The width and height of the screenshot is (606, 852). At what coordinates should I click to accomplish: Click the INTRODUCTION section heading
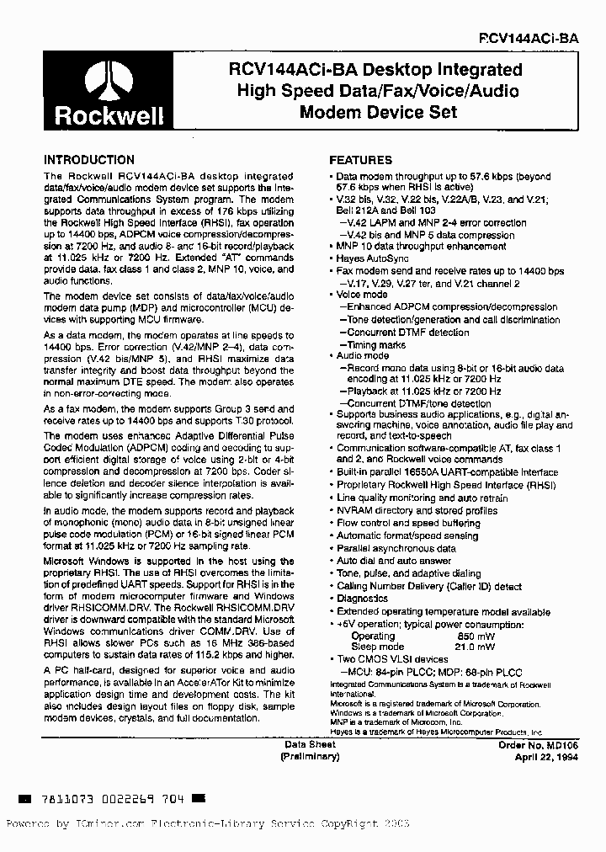(x=88, y=160)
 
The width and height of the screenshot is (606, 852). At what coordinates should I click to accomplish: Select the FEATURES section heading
(x=360, y=160)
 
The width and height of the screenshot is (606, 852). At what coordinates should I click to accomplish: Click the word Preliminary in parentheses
(x=311, y=757)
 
